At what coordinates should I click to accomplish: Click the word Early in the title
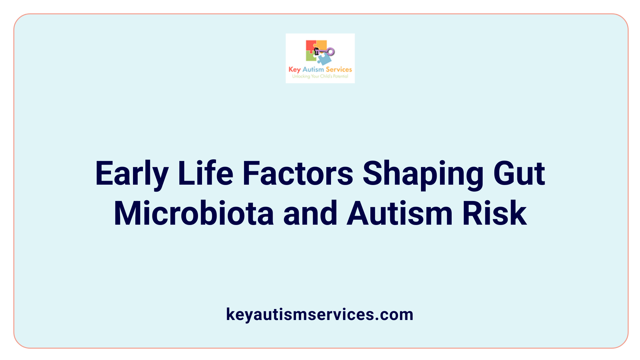[131, 173]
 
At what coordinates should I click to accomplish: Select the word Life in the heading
[205, 173]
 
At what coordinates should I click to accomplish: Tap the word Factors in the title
[298, 173]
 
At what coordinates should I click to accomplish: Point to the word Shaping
[423, 173]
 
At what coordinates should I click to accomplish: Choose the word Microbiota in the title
[194, 213]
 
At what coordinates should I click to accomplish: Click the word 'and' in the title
[310, 213]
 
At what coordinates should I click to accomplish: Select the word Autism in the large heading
[399, 213]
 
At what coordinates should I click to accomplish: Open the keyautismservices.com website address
[320, 314]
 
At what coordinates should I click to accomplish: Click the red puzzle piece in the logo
[310, 45]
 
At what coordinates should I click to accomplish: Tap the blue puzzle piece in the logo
[324, 59]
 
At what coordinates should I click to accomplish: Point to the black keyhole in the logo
[317, 51]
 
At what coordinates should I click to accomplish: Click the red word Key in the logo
[294, 69]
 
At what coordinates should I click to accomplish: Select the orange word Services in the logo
[339, 69]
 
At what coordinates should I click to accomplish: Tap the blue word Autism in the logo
[313, 69]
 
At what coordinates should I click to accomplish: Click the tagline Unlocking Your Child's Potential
[320, 76]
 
